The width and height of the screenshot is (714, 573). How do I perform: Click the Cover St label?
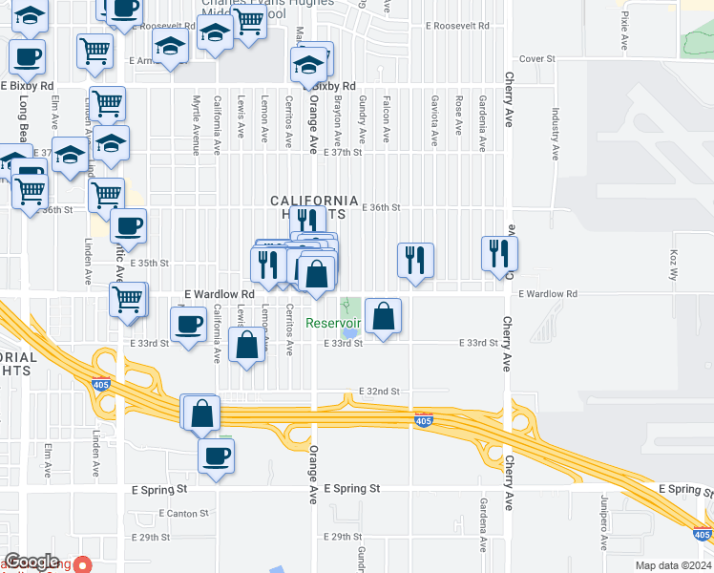tap(537, 59)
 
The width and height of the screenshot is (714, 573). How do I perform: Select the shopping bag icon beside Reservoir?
tap(383, 317)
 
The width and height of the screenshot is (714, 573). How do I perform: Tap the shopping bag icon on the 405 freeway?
tap(201, 414)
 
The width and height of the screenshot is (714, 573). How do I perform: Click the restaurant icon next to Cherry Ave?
tap(499, 253)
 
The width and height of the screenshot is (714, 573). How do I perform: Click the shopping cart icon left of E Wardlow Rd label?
tap(127, 298)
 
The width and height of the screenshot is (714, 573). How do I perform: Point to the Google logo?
tap(32, 562)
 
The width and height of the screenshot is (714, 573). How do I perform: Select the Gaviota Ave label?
tap(434, 119)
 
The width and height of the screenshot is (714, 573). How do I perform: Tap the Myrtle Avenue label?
tap(196, 124)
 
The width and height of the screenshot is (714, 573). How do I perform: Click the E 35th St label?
tap(150, 263)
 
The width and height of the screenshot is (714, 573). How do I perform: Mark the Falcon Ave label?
tap(386, 119)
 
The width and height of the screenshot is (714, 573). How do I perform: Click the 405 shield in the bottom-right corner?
tap(702, 536)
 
